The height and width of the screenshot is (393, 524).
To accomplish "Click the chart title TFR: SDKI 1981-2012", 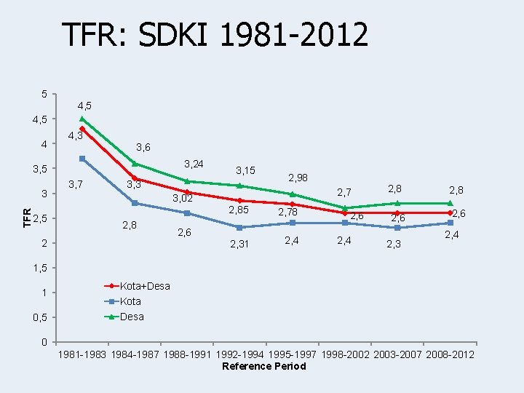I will [215, 34].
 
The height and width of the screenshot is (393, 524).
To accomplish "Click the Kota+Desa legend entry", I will [144, 286].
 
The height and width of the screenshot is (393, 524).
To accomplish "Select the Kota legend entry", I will [130, 301].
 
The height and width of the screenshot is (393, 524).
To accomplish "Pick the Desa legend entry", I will [131, 317].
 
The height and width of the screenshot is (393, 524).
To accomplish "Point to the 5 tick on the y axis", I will [44, 94].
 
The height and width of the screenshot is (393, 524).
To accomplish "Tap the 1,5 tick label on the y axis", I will [41, 268].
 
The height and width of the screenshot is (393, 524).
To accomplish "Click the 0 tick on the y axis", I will [44, 342].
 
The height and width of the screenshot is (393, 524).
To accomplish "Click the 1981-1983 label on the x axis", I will [84, 354].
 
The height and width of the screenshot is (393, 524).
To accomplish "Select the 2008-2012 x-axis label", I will [449, 354].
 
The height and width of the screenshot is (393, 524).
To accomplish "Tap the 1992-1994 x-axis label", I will [240, 354].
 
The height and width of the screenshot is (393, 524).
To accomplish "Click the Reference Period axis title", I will [264, 366].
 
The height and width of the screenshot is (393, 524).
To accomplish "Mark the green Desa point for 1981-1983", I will [82, 119].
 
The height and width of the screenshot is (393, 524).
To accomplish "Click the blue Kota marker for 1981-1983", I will [82, 159].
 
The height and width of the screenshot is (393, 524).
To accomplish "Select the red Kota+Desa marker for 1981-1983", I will [82, 129].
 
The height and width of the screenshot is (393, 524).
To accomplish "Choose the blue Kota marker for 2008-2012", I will [450, 223].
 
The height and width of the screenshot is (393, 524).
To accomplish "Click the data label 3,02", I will [182, 198].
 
